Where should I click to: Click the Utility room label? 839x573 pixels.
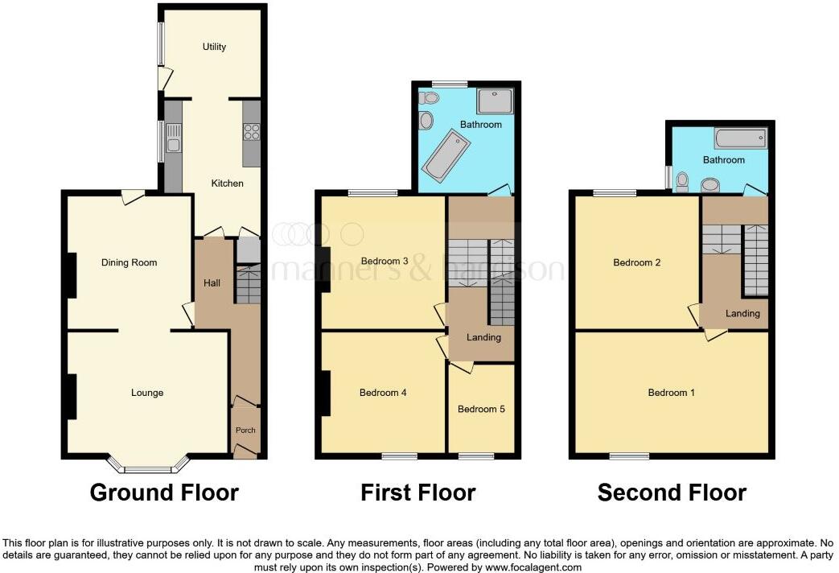(214, 47)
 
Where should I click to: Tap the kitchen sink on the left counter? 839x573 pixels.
(173, 144)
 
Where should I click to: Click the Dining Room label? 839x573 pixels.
(129, 262)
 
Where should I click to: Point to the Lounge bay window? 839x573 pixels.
(149, 464)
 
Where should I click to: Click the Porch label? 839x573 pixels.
(245, 430)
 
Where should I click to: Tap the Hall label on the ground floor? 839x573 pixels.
(212, 282)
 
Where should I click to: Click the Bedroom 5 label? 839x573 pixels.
(481, 409)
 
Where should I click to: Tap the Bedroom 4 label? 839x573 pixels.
(383, 393)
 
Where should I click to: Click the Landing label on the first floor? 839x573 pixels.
(483, 337)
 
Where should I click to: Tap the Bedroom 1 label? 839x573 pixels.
(672, 393)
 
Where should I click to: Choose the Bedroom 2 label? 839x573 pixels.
(637, 262)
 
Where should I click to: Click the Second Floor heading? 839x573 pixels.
(672, 493)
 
